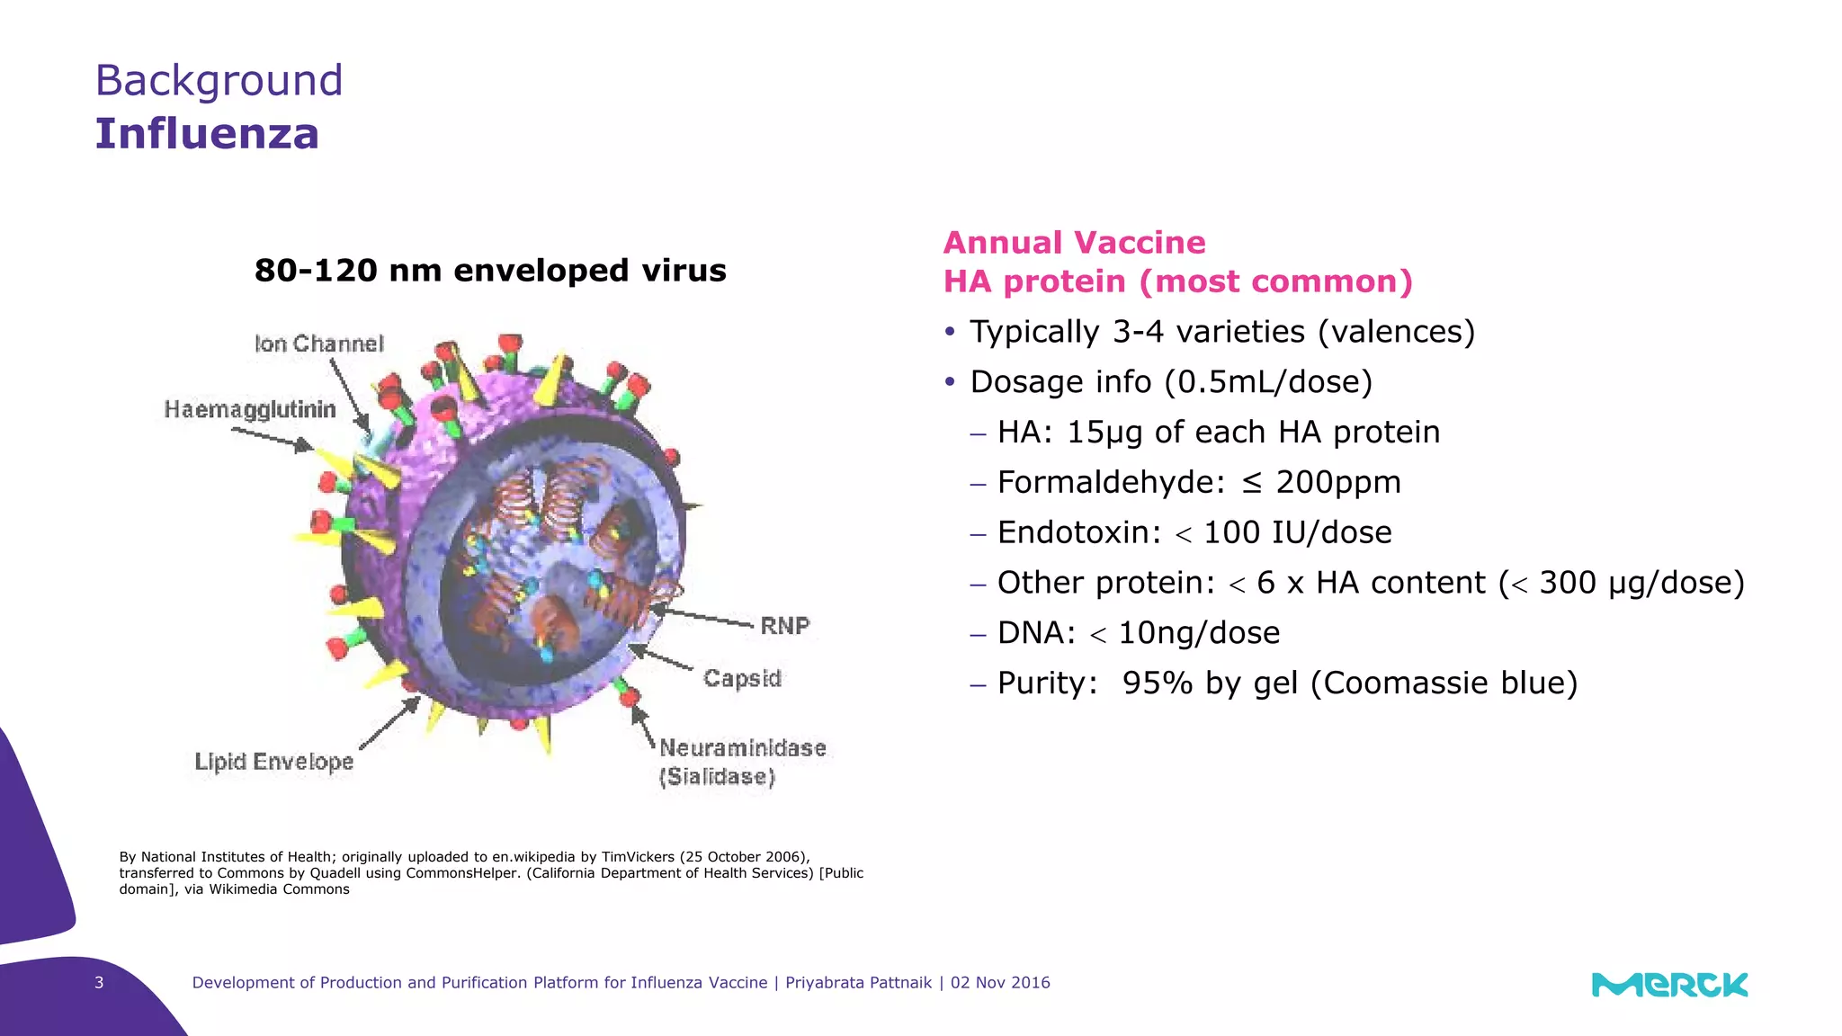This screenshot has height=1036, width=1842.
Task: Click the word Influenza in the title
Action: [x=207, y=134]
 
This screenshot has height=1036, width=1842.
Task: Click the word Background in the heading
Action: [x=219, y=81]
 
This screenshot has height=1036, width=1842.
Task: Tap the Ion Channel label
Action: [x=319, y=344]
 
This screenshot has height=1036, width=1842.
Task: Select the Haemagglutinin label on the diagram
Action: [x=250, y=410]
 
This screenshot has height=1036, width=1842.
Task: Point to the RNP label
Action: [x=785, y=626]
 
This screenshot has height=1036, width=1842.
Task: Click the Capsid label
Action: [x=742, y=678]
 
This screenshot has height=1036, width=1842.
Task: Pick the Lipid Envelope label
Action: [x=274, y=763]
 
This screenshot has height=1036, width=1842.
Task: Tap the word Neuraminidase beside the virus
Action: [x=743, y=748]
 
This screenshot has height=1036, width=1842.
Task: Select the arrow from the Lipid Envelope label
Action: [x=389, y=723]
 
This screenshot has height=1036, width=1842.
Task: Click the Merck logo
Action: [x=1669, y=985]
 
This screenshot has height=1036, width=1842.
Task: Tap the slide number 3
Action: [x=99, y=983]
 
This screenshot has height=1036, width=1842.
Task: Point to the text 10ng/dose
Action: [x=1199, y=633]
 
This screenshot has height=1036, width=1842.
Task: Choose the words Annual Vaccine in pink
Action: [x=1074, y=243]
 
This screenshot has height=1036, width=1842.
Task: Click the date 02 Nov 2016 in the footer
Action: [x=1000, y=983]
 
